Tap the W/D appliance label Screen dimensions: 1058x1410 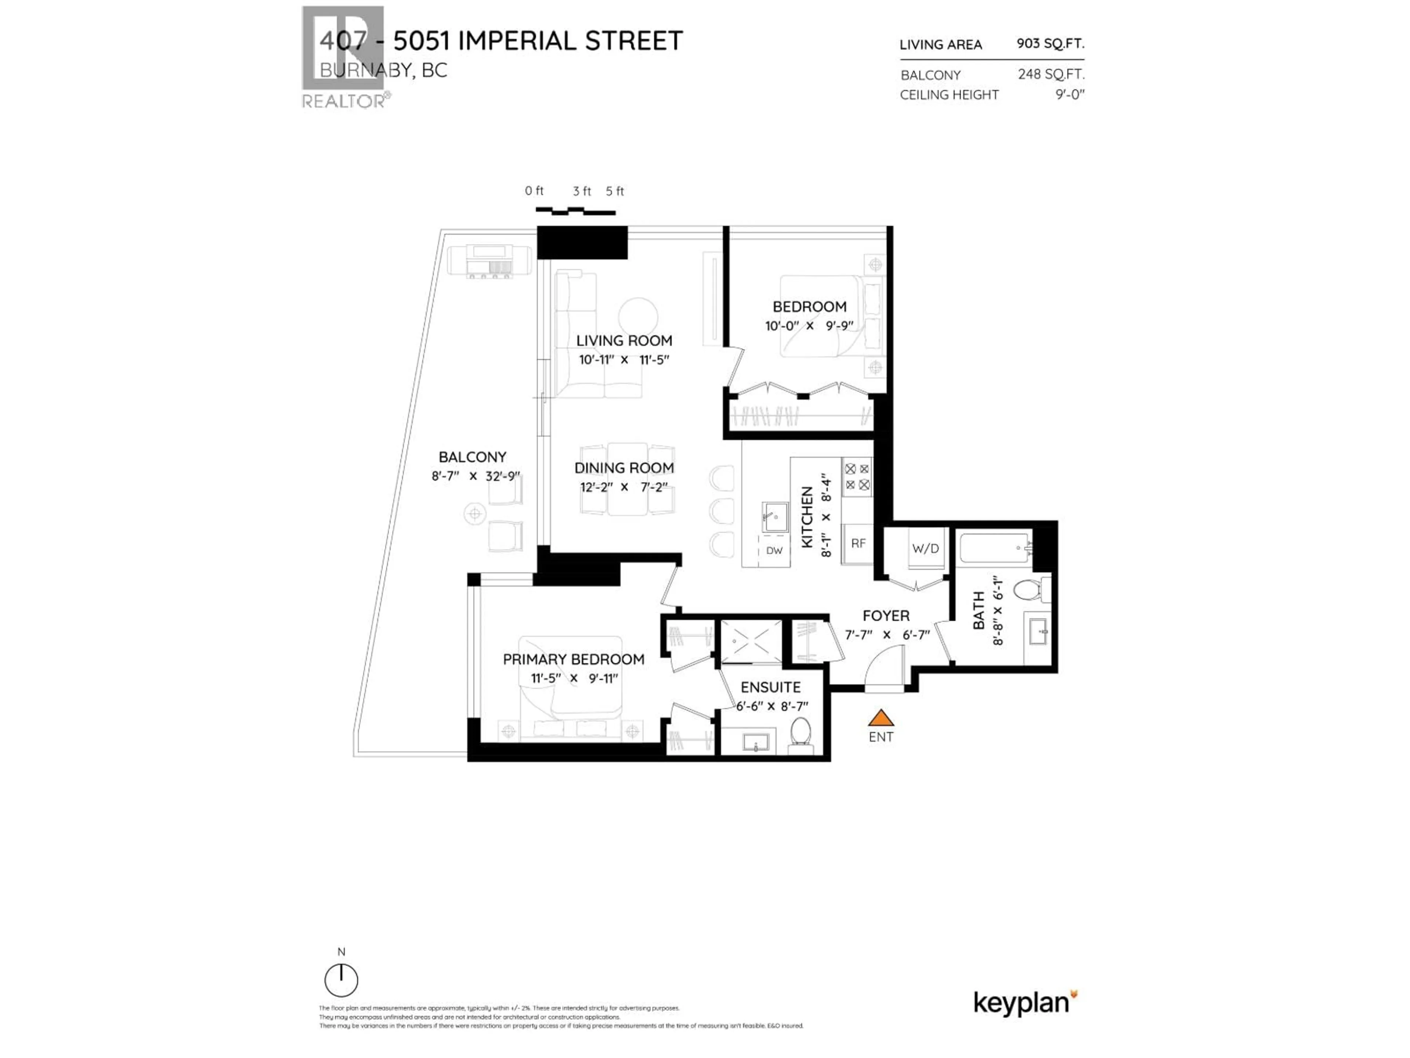pos(925,548)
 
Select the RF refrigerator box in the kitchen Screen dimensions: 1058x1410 pos(858,543)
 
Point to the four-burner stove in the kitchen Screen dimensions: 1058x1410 pos(857,477)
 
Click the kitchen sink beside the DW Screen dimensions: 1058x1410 pos(775,517)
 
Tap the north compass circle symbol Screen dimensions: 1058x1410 pos(341,980)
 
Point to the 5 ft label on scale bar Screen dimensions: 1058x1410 pos(614,191)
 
